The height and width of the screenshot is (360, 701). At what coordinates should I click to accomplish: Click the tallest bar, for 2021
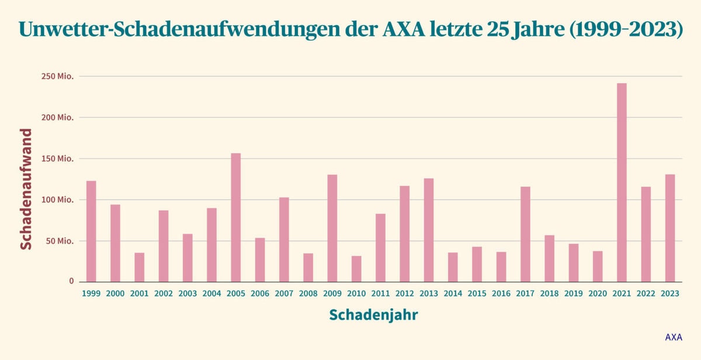pyautogui.click(x=622, y=182)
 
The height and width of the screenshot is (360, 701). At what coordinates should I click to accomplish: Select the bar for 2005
pyautogui.click(x=235, y=217)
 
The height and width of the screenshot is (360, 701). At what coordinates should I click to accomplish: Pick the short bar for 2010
pyautogui.click(x=356, y=269)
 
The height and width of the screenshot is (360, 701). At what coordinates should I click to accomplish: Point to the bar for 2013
pyautogui.click(x=429, y=230)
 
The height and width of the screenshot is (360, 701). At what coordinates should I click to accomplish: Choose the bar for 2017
pyautogui.click(x=525, y=234)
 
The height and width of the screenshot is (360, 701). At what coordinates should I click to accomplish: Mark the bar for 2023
pyautogui.click(x=670, y=228)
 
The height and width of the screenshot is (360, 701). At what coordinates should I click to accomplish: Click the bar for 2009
pyautogui.click(x=332, y=228)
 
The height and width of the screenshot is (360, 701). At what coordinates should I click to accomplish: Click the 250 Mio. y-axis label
pyautogui.click(x=57, y=77)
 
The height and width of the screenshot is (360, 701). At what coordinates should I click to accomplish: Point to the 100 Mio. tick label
pyautogui.click(x=57, y=200)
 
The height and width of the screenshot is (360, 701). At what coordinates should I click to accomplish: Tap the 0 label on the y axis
pyautogui.click(x=71, y=281)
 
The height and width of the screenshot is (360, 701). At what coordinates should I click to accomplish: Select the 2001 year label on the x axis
pyautogui.click(x=140, y=294)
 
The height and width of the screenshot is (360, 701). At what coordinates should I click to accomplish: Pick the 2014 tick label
pyautogui.click(x=453, y=294)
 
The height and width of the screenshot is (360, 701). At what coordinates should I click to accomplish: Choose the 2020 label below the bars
pyautogui.click(x=598, y=294)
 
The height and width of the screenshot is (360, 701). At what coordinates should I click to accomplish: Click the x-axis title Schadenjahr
pyautogui.click(x=373, y=315)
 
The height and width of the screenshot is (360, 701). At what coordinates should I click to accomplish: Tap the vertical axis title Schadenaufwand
pyautogui.click(x=26, y=189)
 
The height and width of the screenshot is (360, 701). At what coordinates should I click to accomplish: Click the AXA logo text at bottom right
pyautogui.click(x=674, y=337)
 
